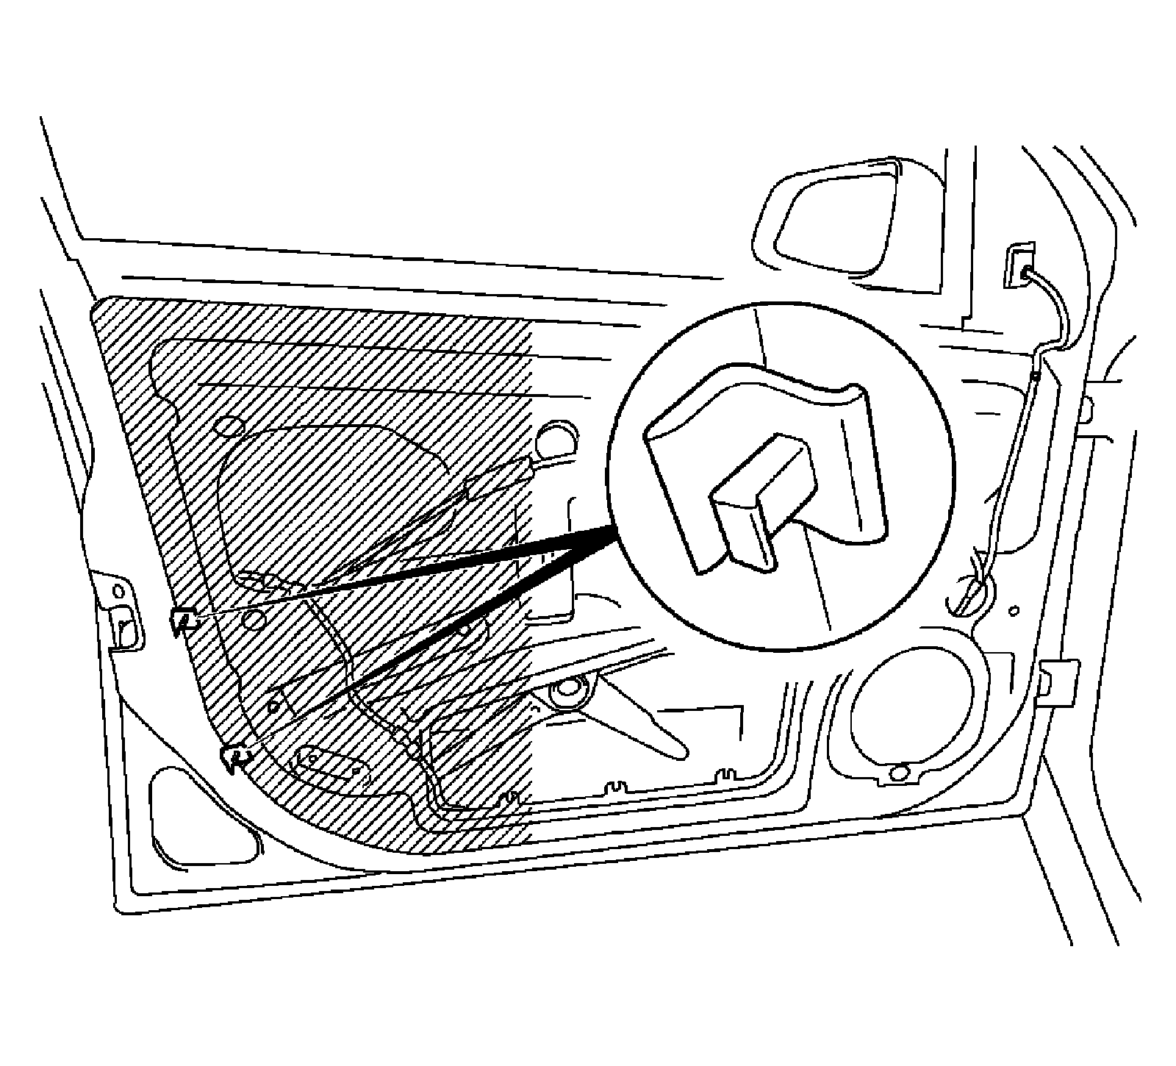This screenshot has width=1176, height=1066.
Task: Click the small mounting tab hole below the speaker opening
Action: click(x=897, y=773)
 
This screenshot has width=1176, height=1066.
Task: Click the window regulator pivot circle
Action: click(x=567, y=690)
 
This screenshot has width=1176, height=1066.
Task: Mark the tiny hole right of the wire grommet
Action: click(x=1015, y=609)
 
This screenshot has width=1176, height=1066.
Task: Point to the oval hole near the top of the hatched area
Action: click(x=232, y=427)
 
